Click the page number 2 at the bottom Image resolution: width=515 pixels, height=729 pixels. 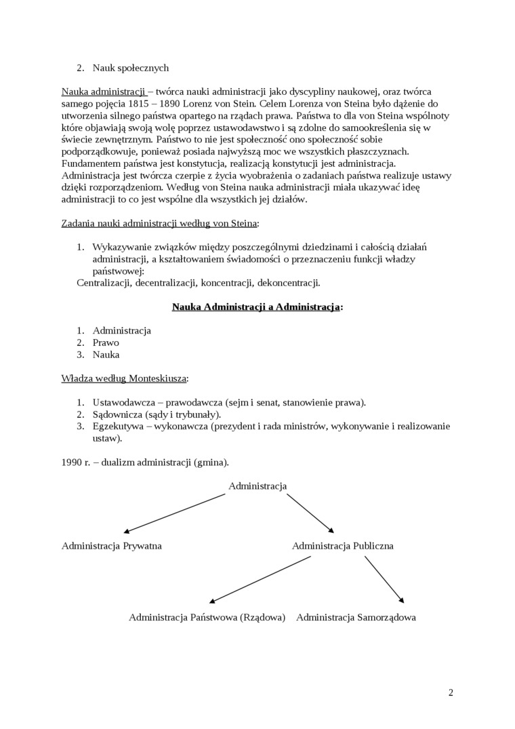(451, 692)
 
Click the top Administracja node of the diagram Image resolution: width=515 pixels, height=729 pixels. (257, 486)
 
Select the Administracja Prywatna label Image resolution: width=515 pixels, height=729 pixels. (112, 545)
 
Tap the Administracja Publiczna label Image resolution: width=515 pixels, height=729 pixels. (342, 545)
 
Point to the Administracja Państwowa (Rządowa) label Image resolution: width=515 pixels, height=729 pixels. (207, 617)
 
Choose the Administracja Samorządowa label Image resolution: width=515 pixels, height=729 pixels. (356, 617)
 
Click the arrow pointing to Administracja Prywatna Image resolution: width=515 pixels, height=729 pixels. (174, 513)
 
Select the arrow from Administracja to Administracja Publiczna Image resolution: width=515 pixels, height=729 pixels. (310, 513)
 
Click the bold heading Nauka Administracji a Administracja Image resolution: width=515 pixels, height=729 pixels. (257, 307)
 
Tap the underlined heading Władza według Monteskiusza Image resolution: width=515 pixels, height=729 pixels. (125, 378)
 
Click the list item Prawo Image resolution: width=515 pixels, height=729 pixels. (106, 342)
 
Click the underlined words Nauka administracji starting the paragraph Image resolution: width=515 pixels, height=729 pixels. (104, 92)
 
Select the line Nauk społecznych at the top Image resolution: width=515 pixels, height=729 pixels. (130, 68)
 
